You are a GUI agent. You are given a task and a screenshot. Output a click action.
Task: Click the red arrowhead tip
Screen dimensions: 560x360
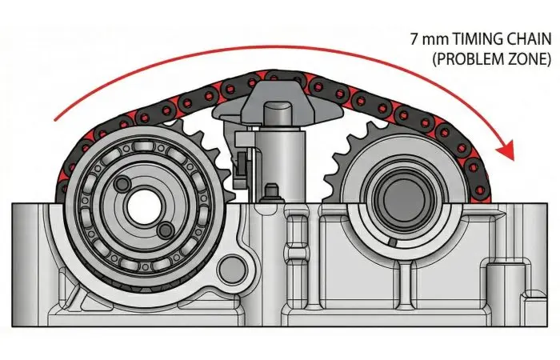coord(513,160)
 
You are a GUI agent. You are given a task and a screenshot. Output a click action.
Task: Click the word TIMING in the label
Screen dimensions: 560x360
coord(474,39)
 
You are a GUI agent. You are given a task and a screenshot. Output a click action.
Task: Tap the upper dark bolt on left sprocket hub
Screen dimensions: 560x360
coord(122,183)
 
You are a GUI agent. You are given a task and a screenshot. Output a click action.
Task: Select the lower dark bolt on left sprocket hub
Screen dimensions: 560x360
coord(166,230)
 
